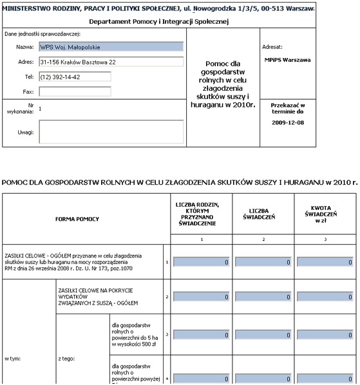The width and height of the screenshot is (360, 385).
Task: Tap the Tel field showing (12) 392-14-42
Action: point(74,77)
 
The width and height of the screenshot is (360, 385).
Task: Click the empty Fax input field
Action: point(74,92)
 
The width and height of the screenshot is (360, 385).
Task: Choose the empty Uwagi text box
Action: point(111,132)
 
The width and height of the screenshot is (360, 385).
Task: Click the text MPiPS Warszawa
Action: point(287,60)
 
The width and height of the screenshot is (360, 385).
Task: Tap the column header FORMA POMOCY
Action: point(81,219)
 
